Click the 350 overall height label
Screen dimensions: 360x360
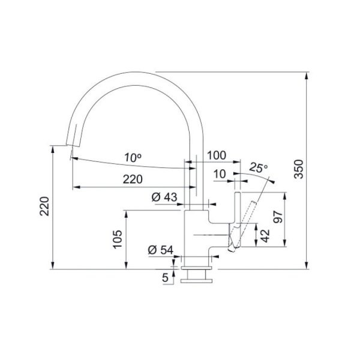click(x=299, y=169)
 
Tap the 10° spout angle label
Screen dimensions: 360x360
click(x=133, y=157)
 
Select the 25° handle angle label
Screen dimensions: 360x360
click(x=259, y=167)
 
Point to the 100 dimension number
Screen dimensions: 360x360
click(x=217, y=155)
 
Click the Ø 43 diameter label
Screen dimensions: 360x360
click(x=164, y=197)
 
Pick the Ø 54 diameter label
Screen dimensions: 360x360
click(x=160, y=250)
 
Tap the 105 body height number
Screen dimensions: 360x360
click(x=118, y=239)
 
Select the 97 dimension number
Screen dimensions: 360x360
click(x=278, y=217)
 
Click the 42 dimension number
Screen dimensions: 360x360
click(x=265, y=236)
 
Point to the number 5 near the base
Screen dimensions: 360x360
click(x=166, y=277)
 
